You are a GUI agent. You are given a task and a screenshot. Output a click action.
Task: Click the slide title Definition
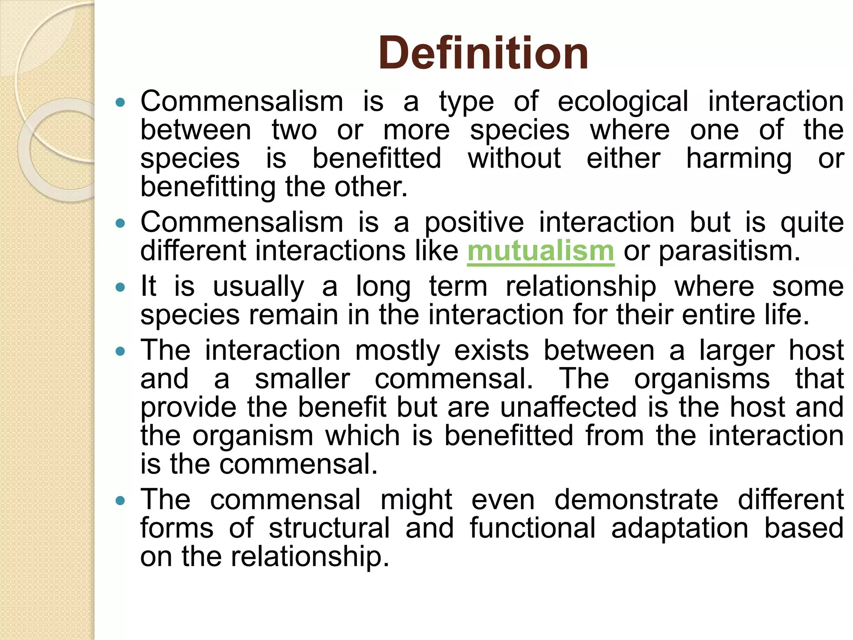[483, 53]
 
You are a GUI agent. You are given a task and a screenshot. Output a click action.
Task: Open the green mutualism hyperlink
[541, 251]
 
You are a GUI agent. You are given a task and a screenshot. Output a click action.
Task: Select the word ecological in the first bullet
[623, 102]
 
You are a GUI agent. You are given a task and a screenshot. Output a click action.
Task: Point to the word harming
[739, 159]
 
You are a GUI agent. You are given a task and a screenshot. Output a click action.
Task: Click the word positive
[474, 223]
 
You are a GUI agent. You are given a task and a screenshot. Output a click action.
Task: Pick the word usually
[258, 287]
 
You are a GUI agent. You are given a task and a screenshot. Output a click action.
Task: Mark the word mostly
[397, 351]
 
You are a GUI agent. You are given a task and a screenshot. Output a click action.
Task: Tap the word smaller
[302, 379]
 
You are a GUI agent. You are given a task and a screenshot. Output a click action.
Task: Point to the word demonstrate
[636, 500]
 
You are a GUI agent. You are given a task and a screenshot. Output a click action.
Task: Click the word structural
[329, 528]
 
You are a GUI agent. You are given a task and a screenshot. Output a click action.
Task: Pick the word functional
[533, 528]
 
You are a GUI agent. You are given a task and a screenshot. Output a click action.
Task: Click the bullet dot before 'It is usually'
[120, 287]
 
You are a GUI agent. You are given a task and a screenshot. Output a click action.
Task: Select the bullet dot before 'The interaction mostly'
[120, 351]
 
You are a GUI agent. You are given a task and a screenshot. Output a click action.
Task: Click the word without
[514, 158]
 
